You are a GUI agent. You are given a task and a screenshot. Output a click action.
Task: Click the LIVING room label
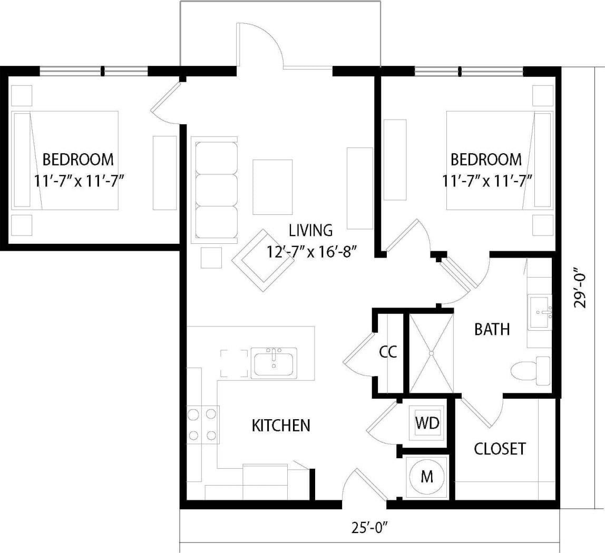point(311,230)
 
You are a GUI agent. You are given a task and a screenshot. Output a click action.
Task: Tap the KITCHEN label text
point(280,425)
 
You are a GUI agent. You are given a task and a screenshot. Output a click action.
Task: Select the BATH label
point(492,330)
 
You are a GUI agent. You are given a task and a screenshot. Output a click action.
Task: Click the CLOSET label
point(500,449)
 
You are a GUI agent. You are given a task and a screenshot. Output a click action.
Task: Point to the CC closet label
point(388,352)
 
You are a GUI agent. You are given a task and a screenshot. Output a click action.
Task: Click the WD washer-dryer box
point(427,423)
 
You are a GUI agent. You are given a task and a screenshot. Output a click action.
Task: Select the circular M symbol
point(427,477)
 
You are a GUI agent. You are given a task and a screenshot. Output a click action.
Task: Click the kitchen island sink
point(274,362)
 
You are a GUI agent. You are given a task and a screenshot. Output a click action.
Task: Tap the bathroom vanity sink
point(540,313)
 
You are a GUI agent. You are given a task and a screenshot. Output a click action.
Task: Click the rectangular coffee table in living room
point(272,187)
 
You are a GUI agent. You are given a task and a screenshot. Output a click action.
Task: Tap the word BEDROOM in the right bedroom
point(486,159)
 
